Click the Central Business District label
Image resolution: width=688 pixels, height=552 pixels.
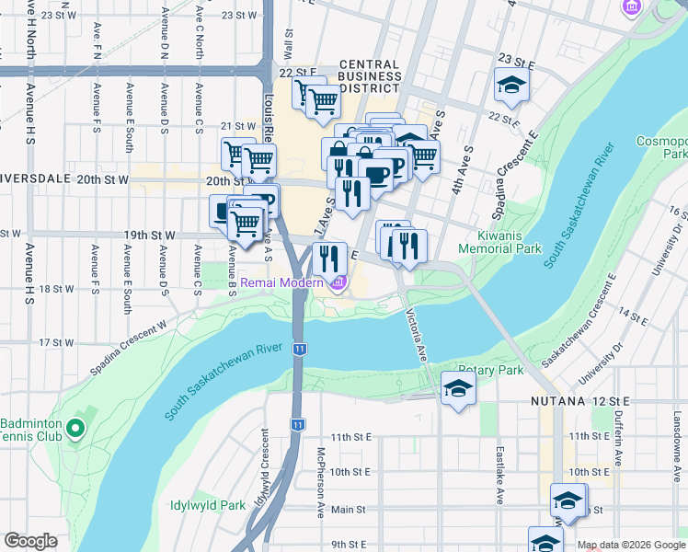point(371,76)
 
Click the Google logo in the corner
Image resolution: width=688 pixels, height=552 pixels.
point(31,541)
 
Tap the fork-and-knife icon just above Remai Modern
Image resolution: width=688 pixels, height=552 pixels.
point(329,260)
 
